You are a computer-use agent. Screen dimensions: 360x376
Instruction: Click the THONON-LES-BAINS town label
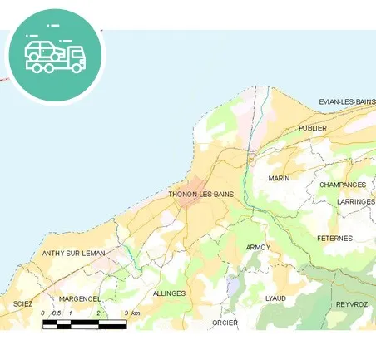200,195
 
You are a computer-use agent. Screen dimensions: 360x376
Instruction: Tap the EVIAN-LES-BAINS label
347,102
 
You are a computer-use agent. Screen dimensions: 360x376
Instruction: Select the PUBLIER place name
313,129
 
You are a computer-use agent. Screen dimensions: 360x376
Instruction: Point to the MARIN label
279,179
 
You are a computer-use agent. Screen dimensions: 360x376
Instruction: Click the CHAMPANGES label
343,185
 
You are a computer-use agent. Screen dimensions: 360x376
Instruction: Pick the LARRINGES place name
356,201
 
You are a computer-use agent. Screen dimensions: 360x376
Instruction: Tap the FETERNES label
334,239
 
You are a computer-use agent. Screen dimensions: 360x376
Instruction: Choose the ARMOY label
258,248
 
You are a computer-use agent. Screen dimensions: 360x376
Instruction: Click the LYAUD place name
275,298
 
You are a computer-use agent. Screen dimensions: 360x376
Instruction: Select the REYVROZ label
351,304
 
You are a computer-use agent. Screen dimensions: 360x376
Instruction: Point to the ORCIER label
225,323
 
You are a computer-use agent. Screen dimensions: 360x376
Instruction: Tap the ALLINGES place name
170,293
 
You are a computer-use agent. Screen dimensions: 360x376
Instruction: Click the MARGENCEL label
80,298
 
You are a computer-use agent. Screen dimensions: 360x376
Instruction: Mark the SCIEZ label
22,304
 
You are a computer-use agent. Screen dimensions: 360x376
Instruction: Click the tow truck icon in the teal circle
55,54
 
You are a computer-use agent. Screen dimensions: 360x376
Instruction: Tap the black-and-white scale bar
84,323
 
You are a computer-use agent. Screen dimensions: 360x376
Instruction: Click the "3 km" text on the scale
131,313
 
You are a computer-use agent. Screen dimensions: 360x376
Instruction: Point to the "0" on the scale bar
42,313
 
